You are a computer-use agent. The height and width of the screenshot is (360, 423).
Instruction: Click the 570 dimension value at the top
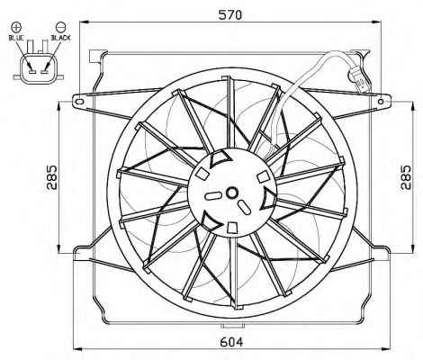229,14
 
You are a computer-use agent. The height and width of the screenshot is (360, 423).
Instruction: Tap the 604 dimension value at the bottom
231,342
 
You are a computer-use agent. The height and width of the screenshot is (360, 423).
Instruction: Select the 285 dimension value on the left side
51,177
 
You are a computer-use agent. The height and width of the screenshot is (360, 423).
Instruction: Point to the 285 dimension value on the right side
405,177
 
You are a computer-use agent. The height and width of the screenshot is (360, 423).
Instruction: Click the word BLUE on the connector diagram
16,38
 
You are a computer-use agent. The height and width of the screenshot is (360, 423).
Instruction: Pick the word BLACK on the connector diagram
60,38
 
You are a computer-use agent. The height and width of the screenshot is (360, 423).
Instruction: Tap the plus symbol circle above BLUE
16,27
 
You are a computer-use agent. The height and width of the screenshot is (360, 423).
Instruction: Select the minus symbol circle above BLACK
60,27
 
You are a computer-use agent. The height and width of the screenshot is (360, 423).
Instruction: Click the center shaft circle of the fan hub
231,193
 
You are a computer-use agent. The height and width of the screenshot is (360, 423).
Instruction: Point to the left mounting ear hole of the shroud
79,102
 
